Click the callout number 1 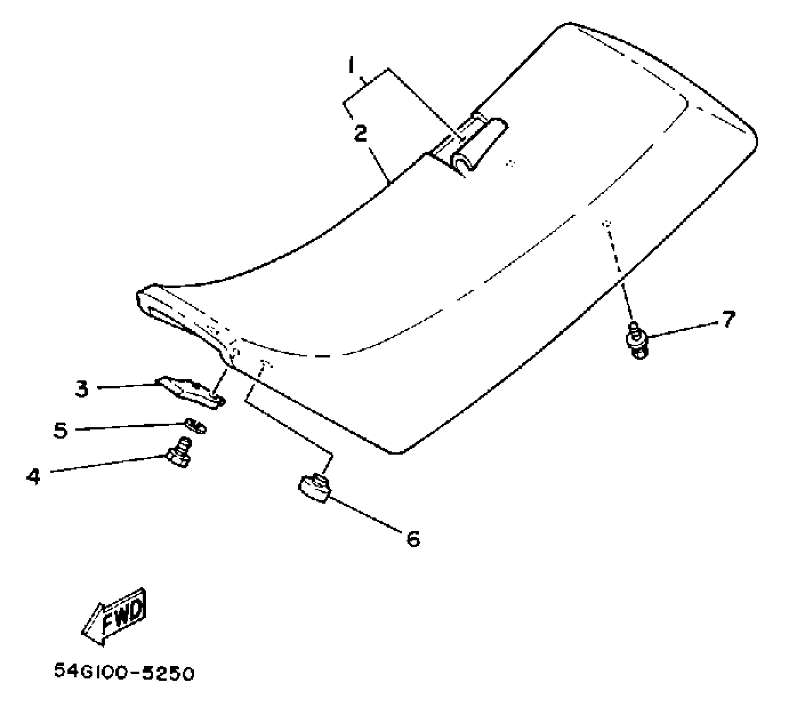(351, 65)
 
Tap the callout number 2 (360, 133)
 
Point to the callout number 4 (33, 476)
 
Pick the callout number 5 (60, 430)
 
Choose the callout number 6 (413, 539)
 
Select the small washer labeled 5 (196, 425)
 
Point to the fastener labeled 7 (637, 340)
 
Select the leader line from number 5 (128, 427)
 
